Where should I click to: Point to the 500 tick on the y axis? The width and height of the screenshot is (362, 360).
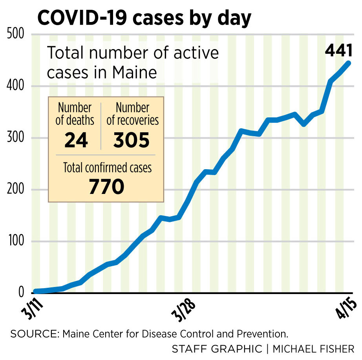pos(16,35)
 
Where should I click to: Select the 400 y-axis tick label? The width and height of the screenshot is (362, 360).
pos(16,86)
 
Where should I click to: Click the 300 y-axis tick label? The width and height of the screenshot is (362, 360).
pos(16,138)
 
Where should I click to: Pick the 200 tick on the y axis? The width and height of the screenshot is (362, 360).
pos(16,190)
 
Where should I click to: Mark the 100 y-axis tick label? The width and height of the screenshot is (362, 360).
pos(16,242)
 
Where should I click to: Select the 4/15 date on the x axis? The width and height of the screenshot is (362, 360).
pos(347,309)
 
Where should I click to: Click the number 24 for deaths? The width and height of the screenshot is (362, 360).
pos(76,140)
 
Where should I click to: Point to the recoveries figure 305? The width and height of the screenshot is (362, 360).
pos(132,140)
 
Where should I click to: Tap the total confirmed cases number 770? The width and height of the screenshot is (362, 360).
pos(106,186)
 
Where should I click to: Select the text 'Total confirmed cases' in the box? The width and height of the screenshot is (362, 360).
pos(107,168)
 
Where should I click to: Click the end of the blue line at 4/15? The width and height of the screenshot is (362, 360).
pos(348,63)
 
